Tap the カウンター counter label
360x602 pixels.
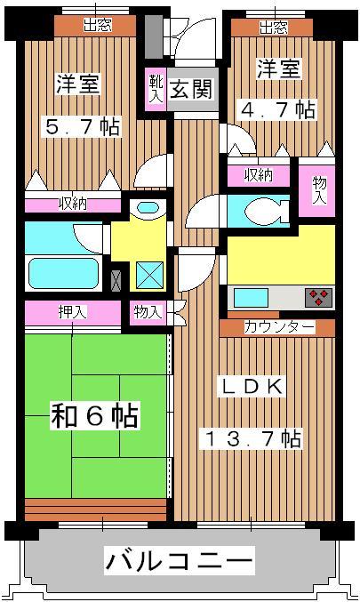click(278, 327)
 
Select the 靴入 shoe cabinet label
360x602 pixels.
click(154, 90)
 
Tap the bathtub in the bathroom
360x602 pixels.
click(62, 271)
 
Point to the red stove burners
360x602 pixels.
click(317, 296)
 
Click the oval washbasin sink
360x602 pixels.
click(148, 208)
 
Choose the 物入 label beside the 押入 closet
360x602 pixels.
click(148, 312)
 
